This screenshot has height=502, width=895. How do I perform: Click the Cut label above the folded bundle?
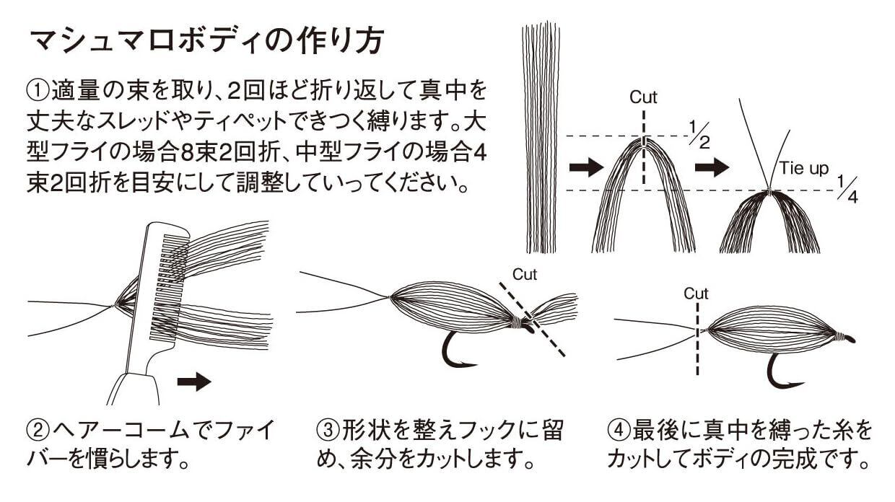[643, 97]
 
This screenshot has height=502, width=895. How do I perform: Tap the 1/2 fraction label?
[699, 135]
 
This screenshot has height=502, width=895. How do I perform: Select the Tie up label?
[803, 168]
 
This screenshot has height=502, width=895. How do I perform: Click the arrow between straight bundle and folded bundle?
[586, 167]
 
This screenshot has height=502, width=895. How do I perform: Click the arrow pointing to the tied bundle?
[712, 167]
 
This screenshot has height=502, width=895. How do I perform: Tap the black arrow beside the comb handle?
[194, 382]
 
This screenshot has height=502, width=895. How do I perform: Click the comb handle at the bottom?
[134, 389]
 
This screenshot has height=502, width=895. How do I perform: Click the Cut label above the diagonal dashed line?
[525, 274]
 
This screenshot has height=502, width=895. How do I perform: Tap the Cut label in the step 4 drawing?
[696, 294]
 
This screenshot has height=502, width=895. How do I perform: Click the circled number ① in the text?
[38, 91]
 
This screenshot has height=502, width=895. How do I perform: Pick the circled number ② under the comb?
[38, 430]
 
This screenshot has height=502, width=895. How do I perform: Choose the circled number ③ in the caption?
[328, 430]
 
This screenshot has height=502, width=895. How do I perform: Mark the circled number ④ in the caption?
[619, 430]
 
